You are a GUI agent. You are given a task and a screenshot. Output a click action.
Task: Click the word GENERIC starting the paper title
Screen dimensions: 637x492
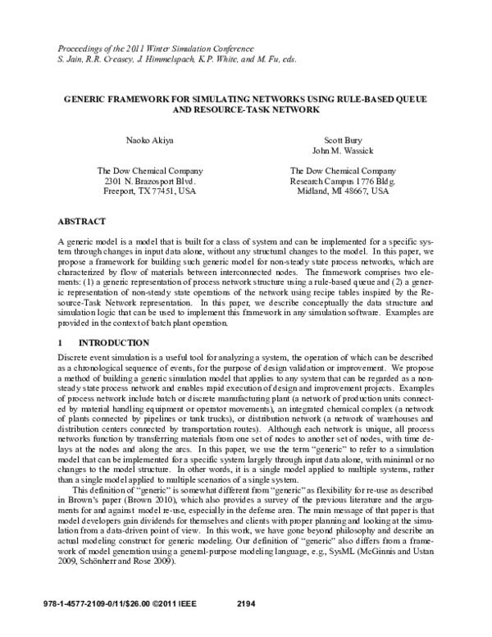pos(85,98)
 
